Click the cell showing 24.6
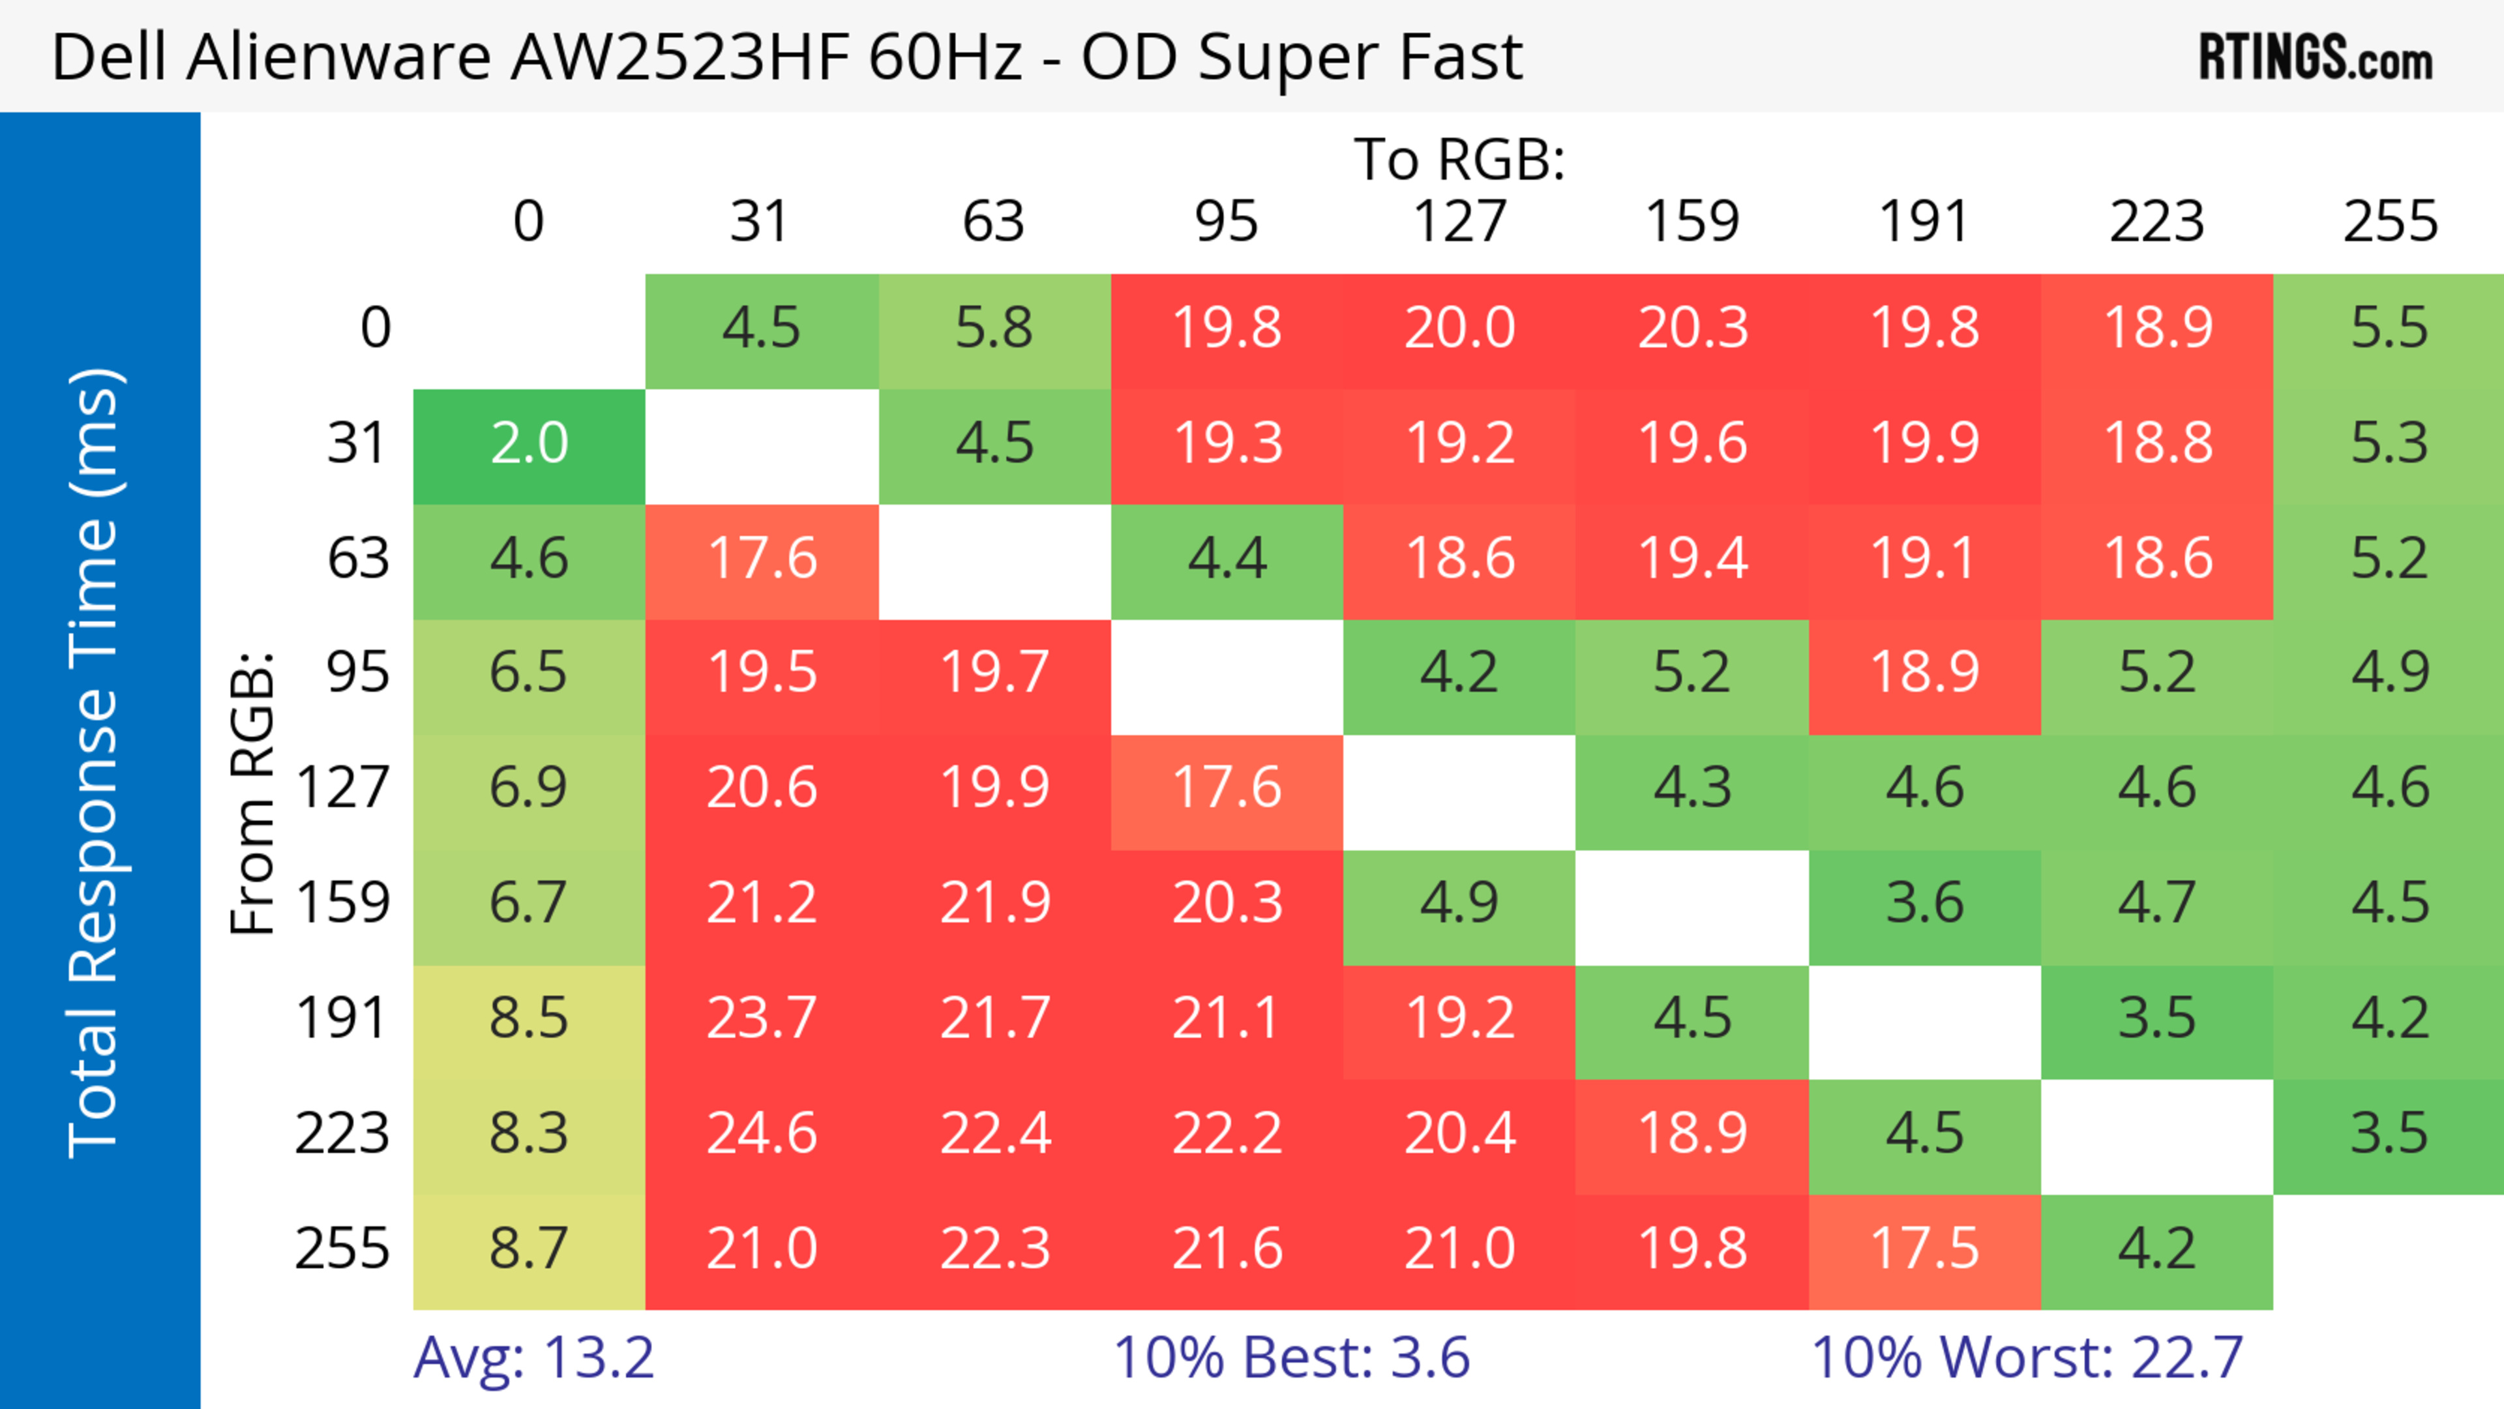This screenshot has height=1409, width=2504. [x=761, y=1134]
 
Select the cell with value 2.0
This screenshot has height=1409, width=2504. [x=529, y=444]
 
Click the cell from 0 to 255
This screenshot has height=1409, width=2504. [x=2389, y=329]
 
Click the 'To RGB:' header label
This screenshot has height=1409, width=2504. [x=1459, y=159]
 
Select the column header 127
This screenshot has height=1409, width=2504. [x=1459, y=222]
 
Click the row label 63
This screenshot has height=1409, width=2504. [x=358, y=559]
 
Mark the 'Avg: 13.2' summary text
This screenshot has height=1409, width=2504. [x=533, y=1357]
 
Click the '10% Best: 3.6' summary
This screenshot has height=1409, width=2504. [x=1291, y=1357]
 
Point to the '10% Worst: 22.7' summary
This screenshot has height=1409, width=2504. [x=2027, y=1357]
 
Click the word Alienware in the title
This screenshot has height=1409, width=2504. [x=339, y=57]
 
